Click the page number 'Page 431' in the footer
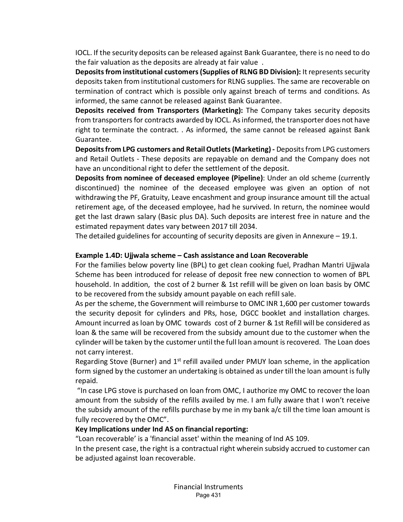[x=208, y=495]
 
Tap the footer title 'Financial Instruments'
[x=208, y=487]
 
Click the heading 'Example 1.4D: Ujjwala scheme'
[x=125, y=255]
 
